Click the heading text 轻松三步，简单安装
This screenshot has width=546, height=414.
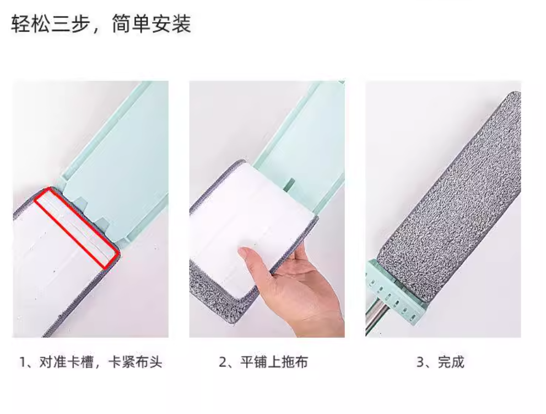point(101,24)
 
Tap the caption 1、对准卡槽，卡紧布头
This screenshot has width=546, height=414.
point(91,362)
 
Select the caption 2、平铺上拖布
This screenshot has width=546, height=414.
point(263,362)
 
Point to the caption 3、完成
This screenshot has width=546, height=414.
point(440,362)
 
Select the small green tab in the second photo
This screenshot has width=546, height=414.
point(289,185)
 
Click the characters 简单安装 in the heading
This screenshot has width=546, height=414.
point(152,24)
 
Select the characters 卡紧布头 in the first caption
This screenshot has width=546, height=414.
point(135,362)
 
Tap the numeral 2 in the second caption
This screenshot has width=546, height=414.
point(223,362)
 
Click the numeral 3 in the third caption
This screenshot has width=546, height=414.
point(420,362)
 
